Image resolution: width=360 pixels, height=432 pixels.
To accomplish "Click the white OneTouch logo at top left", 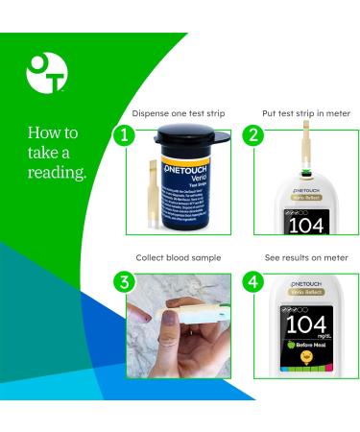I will (45, 72).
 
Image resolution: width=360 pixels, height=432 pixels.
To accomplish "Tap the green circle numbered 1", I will (123, 134).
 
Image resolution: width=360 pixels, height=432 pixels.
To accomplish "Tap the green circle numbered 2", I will (252, 134).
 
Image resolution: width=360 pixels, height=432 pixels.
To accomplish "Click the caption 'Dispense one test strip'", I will (179, 113).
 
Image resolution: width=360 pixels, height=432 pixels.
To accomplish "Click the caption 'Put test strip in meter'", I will (306, 113).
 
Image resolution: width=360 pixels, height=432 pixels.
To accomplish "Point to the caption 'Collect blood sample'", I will (179, 258).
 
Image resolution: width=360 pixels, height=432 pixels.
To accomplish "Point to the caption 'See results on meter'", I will (306, 258).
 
